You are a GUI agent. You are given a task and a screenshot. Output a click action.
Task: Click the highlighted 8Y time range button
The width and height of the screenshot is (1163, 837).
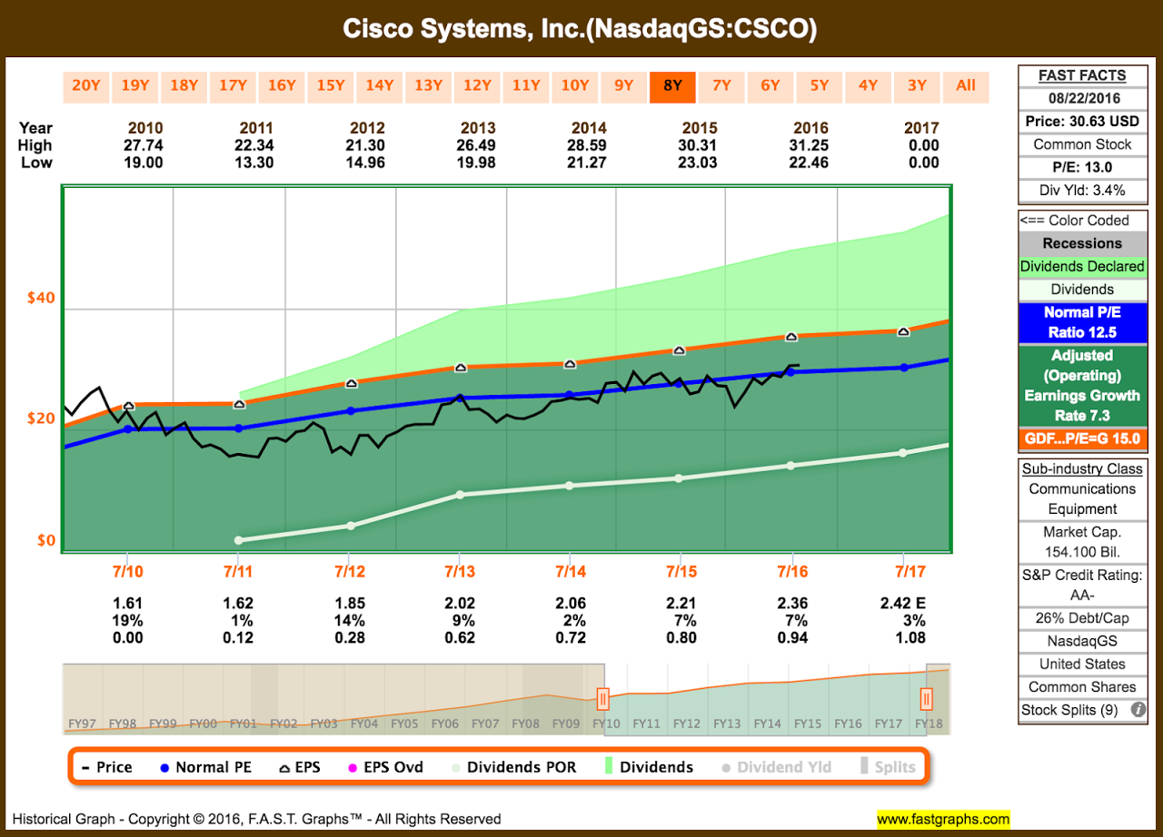(x=672, y=85)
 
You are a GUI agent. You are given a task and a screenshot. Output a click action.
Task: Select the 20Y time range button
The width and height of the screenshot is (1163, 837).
(x=85, y=85)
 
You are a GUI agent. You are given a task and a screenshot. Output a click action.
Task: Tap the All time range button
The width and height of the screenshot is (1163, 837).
(x=966, y=85)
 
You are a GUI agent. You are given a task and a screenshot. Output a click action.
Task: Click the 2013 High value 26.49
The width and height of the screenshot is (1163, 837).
(x=459, y=145)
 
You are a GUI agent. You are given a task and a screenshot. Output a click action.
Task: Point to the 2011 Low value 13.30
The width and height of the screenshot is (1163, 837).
(x=238, y=162)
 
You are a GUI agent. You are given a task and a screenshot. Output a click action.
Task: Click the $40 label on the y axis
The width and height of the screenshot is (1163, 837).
(x=45, y=299)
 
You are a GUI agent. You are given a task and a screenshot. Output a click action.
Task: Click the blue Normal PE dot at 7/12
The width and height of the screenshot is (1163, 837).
(x=349, y=411)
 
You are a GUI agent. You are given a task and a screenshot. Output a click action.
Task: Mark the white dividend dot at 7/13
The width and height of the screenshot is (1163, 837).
(x=460, y=495)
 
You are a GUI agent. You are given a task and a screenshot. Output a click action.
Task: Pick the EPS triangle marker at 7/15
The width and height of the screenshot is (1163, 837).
(x=680, y=350)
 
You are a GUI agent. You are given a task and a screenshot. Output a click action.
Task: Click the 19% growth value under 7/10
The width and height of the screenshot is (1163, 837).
(x=127, y=620)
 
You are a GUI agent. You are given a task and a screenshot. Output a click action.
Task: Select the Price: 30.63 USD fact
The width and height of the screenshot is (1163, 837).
(x=1081, y=121)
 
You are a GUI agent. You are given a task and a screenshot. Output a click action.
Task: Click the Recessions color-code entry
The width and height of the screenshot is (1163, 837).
(x=1081, y=243)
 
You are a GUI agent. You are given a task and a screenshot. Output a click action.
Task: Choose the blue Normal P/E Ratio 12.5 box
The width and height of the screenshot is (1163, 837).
(x=1081, y=322)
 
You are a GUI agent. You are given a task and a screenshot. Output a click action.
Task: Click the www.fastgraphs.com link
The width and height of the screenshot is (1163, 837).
(x=943, y=819)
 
